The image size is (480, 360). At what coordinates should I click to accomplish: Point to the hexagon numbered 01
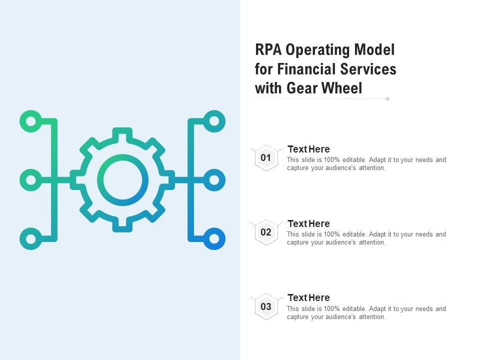266,158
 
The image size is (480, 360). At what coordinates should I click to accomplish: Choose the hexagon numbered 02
266,232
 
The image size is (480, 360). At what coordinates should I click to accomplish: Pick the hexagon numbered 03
266,306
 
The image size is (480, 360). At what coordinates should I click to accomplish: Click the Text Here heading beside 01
308,149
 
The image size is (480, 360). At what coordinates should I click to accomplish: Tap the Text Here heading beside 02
308,223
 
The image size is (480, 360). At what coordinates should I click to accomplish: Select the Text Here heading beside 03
308,297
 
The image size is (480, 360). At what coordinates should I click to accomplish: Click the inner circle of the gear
122,180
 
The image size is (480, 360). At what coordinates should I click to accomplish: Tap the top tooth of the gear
122,133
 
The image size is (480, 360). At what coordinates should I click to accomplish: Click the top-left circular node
31,121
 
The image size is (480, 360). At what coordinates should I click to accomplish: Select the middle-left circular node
31,180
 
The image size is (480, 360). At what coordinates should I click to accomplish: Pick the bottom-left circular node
31,238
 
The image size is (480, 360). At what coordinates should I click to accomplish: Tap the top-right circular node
214,121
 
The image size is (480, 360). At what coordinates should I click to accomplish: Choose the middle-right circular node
214,180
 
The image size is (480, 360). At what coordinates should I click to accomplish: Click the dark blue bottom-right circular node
214,238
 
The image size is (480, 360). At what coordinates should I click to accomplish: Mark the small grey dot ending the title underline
387,99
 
